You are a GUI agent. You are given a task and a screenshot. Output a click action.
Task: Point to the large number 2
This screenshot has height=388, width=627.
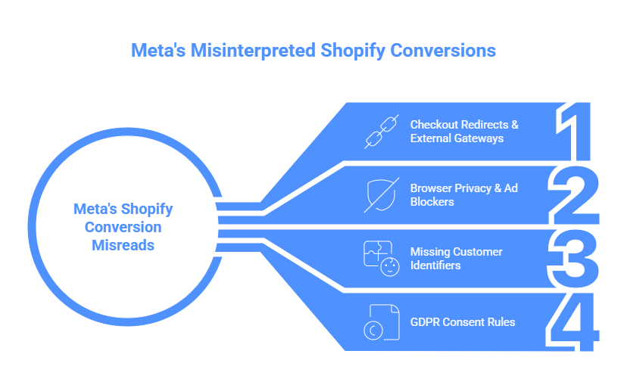pos(574,194)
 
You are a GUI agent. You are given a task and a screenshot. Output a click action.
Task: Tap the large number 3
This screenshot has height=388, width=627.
pos(574,259)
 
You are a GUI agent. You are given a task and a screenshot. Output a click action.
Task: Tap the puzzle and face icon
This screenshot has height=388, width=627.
pos(378,259)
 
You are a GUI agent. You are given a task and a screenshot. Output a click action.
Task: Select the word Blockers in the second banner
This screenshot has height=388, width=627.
pos(432,202)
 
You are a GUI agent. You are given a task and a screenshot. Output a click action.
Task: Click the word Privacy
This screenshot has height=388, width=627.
pos(473,188)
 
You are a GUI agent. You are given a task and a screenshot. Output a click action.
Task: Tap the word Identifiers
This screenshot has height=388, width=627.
pos(435,265)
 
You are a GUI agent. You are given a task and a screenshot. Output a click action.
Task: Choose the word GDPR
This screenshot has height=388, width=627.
pos(425,322)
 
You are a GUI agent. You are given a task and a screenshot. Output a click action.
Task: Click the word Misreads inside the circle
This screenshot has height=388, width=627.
pos(123,245)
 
